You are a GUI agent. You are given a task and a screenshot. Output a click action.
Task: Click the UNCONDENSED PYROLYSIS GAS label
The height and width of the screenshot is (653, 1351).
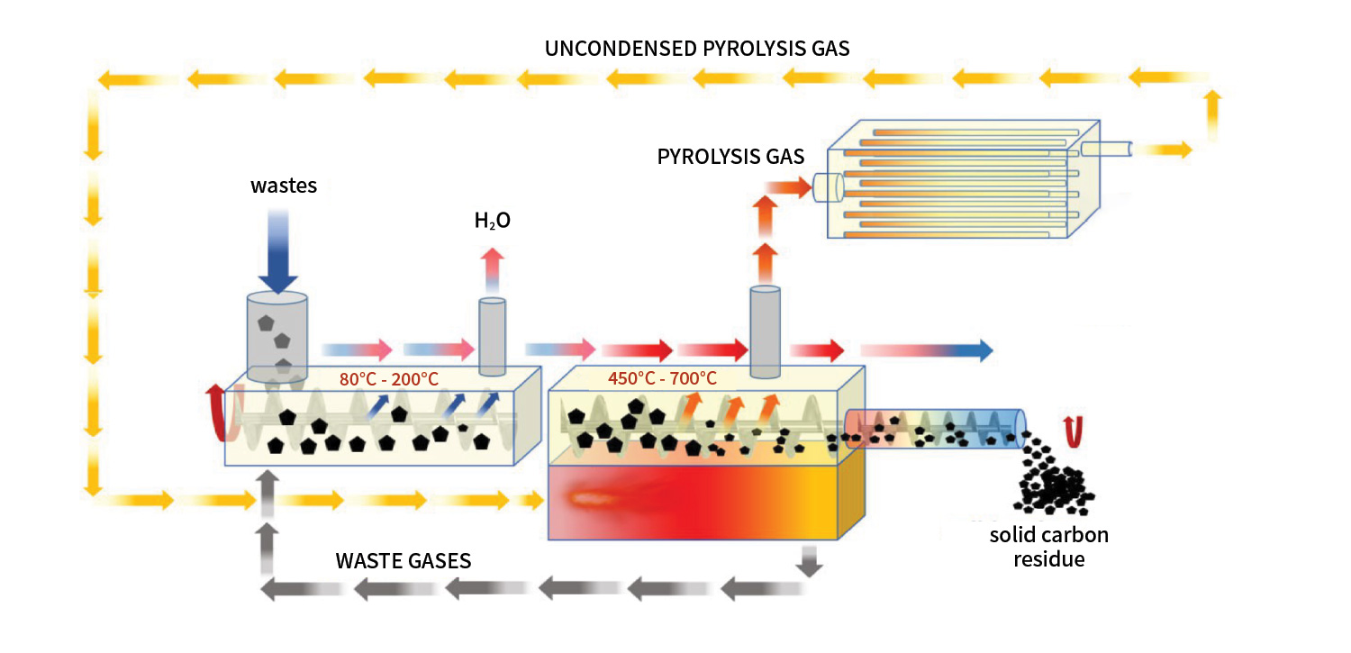point(697,49)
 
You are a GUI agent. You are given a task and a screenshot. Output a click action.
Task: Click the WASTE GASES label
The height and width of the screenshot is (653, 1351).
point(403,560)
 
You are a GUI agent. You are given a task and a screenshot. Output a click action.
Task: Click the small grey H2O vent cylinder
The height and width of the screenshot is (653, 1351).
point(493,336)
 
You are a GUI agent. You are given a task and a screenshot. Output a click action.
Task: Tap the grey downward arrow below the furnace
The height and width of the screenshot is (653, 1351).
point(810,560)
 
